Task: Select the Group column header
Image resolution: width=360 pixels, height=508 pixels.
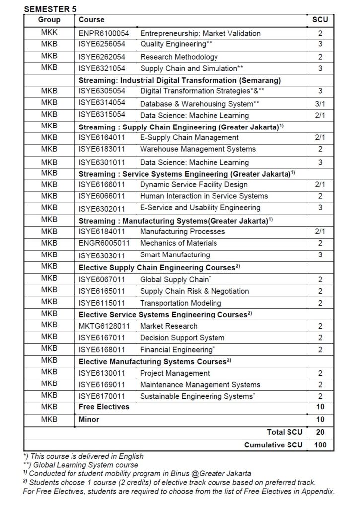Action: pos(49,20)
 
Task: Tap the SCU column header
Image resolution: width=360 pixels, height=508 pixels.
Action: pos(320,20)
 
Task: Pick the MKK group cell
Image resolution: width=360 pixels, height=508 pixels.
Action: pos(49,33)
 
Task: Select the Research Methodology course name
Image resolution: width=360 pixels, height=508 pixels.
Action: pos(179,57)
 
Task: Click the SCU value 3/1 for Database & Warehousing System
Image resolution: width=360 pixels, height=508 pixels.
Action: pos(320,104)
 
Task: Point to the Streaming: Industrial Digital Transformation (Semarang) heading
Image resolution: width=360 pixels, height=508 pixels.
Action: pos(180,80)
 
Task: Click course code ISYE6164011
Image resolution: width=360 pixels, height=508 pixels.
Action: pos(102,137)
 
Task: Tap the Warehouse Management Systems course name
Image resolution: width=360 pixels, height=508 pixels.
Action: pos(198,149)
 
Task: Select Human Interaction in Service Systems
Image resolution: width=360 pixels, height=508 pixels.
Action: pos(204,196)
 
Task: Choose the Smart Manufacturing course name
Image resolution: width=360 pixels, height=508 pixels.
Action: pos(175,255)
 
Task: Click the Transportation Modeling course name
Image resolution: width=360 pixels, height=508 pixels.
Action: pos(180,303)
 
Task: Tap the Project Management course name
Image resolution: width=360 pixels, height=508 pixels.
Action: pos(175,373)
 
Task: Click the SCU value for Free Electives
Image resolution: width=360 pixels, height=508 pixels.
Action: pos(320,407)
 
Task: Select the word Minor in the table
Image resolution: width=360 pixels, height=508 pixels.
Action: pos(89,420)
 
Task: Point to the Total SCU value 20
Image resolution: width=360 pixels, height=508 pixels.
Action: pos(320,433)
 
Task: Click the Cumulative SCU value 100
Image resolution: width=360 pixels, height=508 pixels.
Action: pos(320,445)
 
